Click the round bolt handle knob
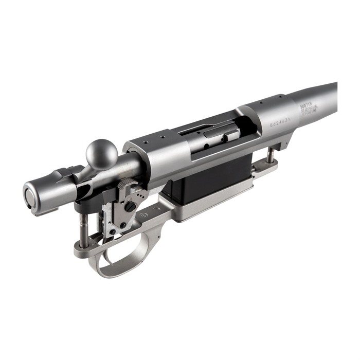coord(101,153)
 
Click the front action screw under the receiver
coord(269,154)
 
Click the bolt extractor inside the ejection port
coord(225,135)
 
